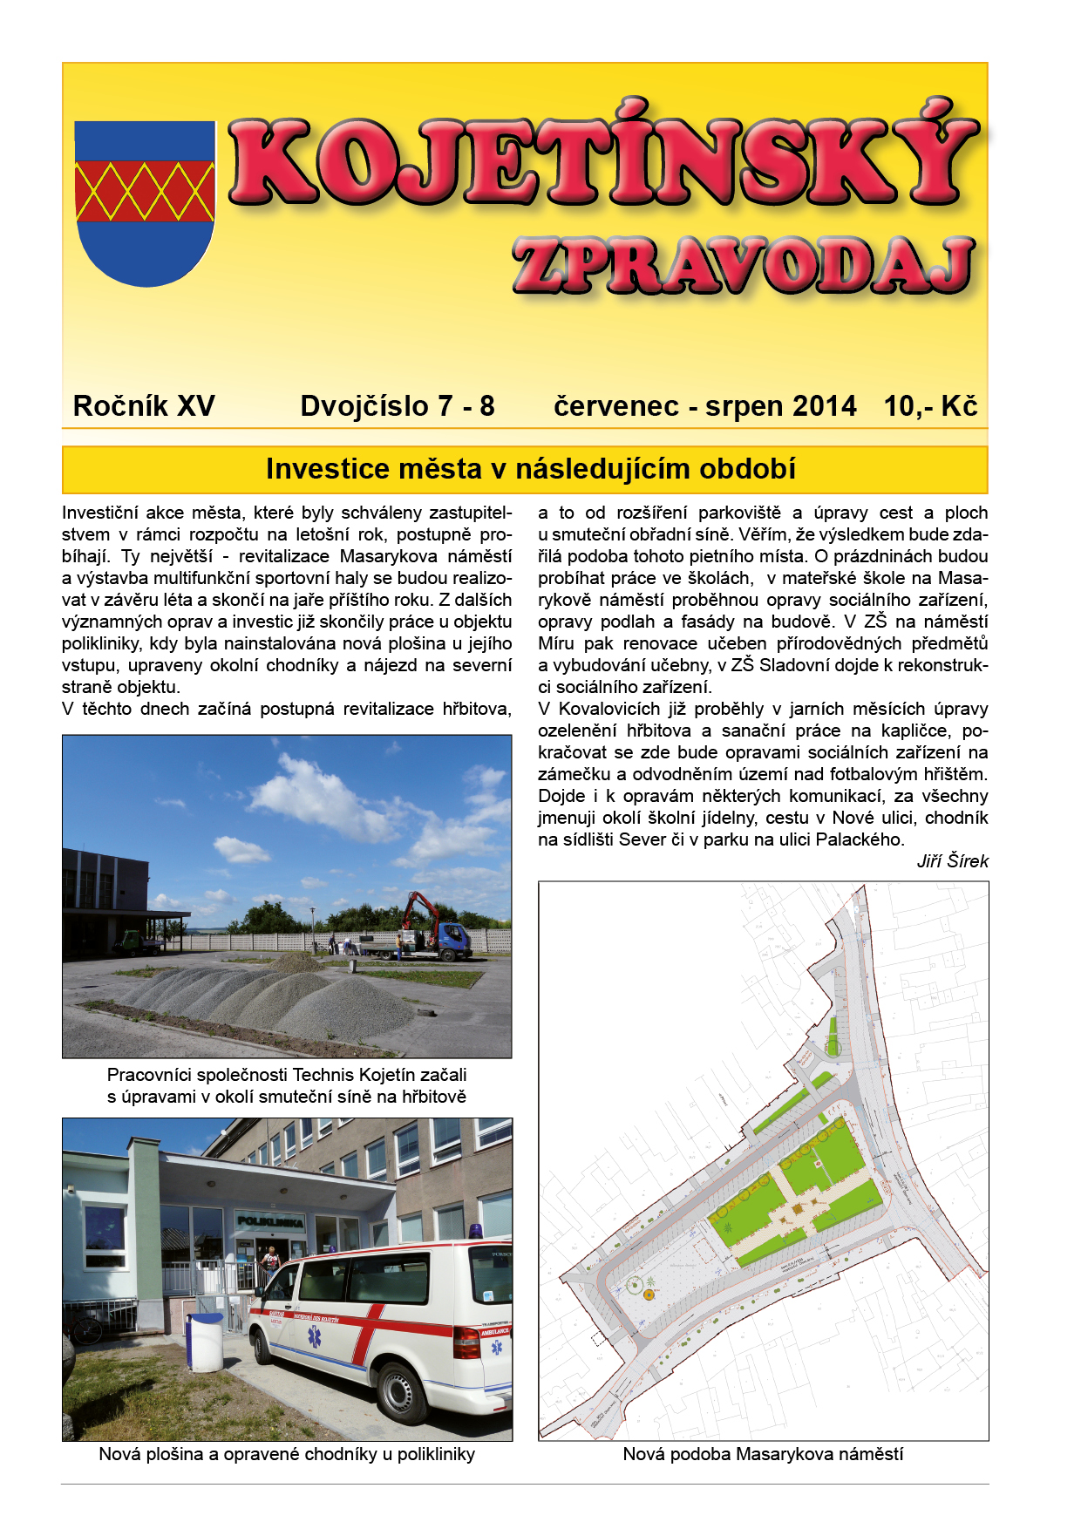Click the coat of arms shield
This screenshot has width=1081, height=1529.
[145, 202]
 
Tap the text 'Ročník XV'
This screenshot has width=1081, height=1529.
[144, 406]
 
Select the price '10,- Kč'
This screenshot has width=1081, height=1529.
[930, 406]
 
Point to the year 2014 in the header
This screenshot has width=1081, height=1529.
[825, 406]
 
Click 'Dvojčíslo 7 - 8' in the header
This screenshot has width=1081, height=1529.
[398, 406]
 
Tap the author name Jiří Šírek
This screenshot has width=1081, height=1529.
[952, 861]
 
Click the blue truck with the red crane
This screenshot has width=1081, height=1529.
[444, 934]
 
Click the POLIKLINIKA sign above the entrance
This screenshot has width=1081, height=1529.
[270, 1222]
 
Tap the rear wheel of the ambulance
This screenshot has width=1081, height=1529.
[402, 1392]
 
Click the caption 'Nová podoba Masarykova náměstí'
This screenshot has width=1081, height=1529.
[763, 1454]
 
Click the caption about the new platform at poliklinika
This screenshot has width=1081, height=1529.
[287, 1454]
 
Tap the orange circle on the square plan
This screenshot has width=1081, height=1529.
[649, 1295]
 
